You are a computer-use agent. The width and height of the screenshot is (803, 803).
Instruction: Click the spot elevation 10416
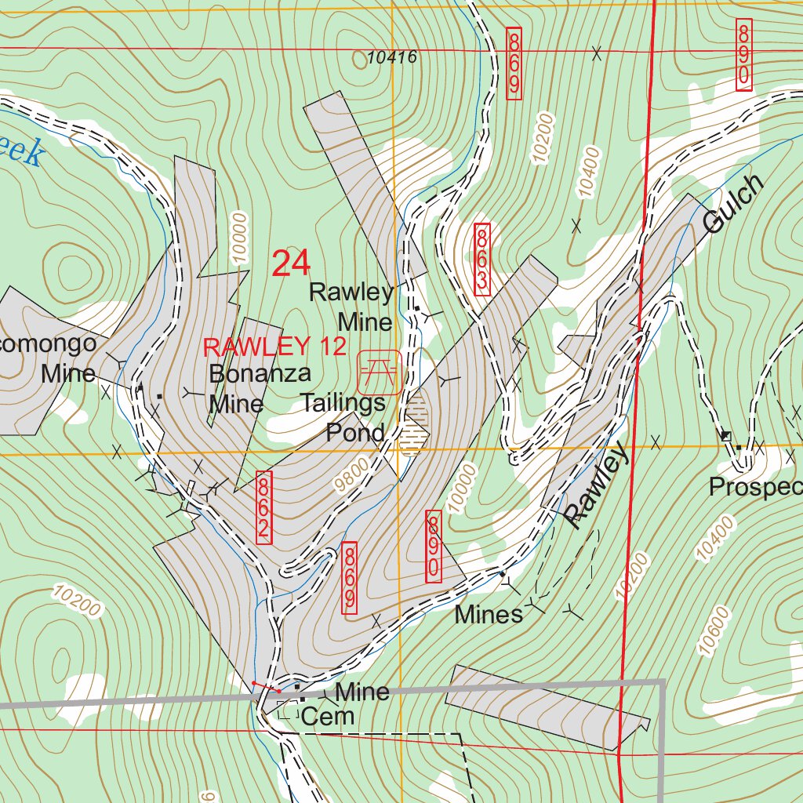(391, 57)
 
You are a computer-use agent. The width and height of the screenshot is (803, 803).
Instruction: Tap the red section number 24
(291, 264)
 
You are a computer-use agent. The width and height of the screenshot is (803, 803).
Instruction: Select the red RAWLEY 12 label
(274, 347)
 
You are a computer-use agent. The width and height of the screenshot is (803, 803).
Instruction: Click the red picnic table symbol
(380, 372)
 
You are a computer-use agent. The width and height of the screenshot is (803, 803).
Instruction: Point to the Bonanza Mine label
(249, 388)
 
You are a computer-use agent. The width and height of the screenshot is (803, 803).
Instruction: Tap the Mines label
(489, 614)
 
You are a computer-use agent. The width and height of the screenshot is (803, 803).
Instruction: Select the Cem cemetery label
(328, 716)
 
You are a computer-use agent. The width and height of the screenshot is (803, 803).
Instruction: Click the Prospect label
(755, 487)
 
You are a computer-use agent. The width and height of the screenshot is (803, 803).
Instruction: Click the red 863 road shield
(481, 260)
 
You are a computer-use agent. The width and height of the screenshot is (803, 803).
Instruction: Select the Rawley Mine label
(351, 307)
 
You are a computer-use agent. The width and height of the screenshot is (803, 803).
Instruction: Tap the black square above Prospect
(726, 435)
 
